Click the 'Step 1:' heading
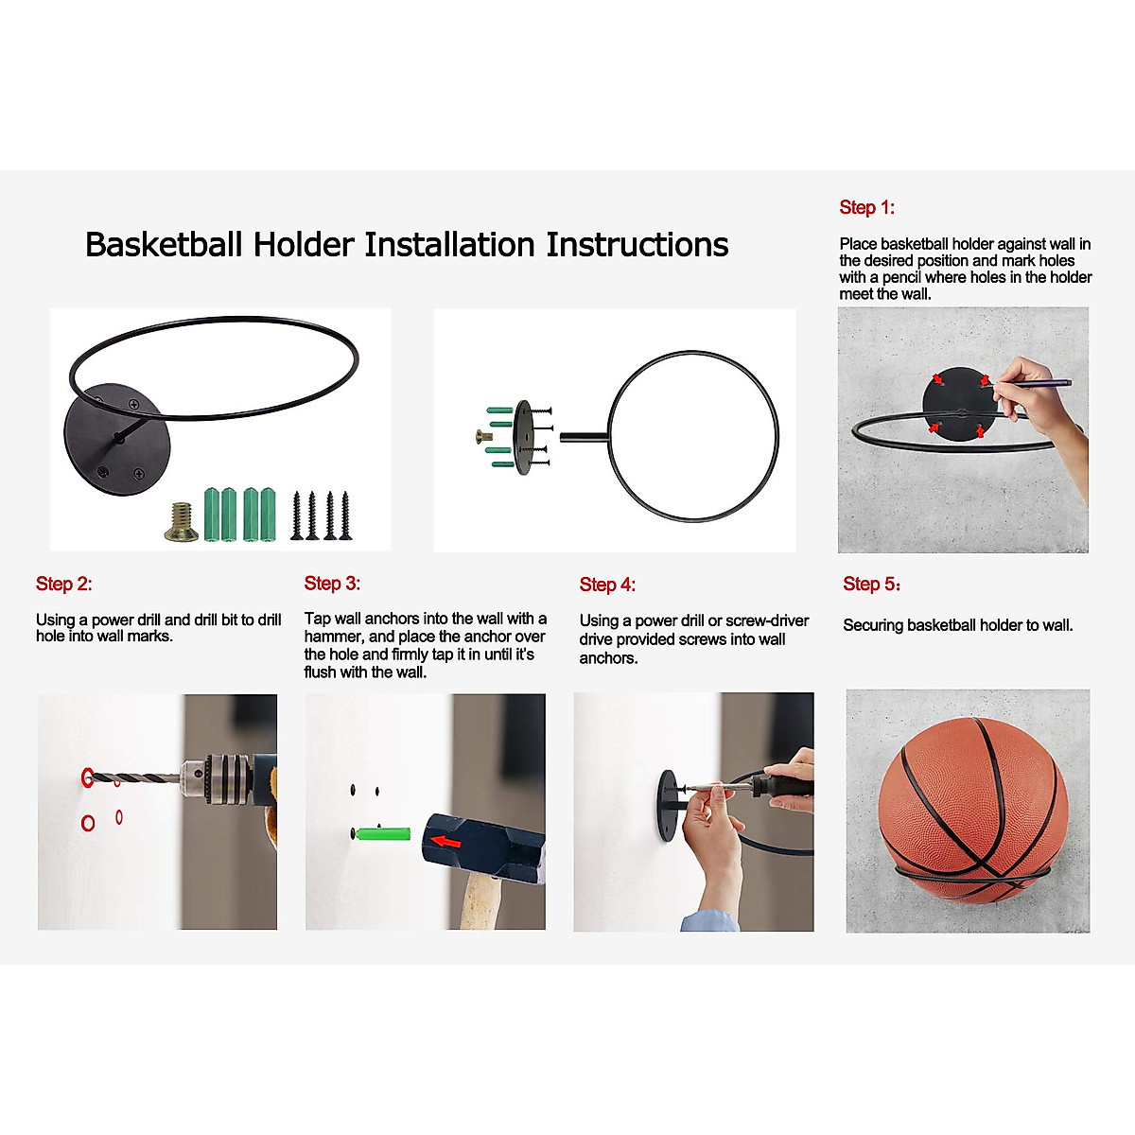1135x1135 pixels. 866,208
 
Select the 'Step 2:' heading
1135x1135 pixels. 63,585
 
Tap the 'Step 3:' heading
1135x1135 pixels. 332,584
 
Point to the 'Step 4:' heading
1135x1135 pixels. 607,585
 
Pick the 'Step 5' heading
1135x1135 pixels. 871,585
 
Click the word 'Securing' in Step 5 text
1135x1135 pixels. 873,625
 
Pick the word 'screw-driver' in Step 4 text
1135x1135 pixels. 767,620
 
